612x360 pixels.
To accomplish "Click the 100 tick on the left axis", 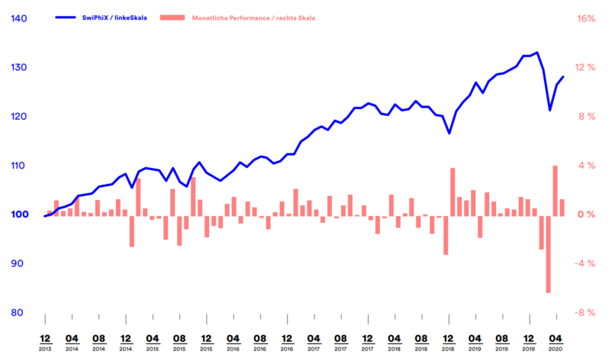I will tap(19, 214).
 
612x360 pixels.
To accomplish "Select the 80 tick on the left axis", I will tap(19, 313).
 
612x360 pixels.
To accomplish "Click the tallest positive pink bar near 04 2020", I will tap(556, 191).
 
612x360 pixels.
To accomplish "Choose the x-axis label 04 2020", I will tap(556, 340).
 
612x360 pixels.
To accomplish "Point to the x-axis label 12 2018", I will tap(448, 340).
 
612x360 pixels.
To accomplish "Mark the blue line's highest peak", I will tap(537, 53).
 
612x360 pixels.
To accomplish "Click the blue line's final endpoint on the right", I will tap(563, 76).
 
